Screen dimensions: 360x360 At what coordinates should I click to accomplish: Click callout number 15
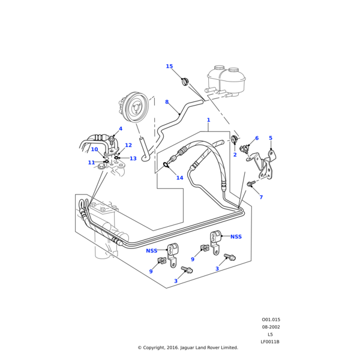(x=169, y=67)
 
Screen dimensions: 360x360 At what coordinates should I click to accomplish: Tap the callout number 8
(x=167, y=102)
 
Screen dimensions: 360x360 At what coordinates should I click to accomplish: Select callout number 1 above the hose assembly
(x=208, y=120)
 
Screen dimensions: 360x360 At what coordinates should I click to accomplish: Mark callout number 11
(x=91, y=179)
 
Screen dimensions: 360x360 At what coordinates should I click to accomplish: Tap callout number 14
(x=179, y=194)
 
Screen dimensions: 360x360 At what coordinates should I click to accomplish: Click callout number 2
(x=235, y=172)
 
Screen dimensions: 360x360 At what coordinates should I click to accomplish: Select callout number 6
(x=257, y=155)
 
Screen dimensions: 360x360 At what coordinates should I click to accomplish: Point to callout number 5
(x=271, y=155)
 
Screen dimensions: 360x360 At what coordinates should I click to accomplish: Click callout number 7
(x=261, y=197)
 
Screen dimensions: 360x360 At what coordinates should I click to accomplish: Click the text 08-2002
(x=271, y=327)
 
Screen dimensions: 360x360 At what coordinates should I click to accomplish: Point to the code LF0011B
(x=270, y=341)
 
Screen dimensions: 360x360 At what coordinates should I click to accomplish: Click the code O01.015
(x=271, y=320)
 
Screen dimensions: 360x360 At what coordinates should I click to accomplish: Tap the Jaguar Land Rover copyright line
(x=188, y=347)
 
